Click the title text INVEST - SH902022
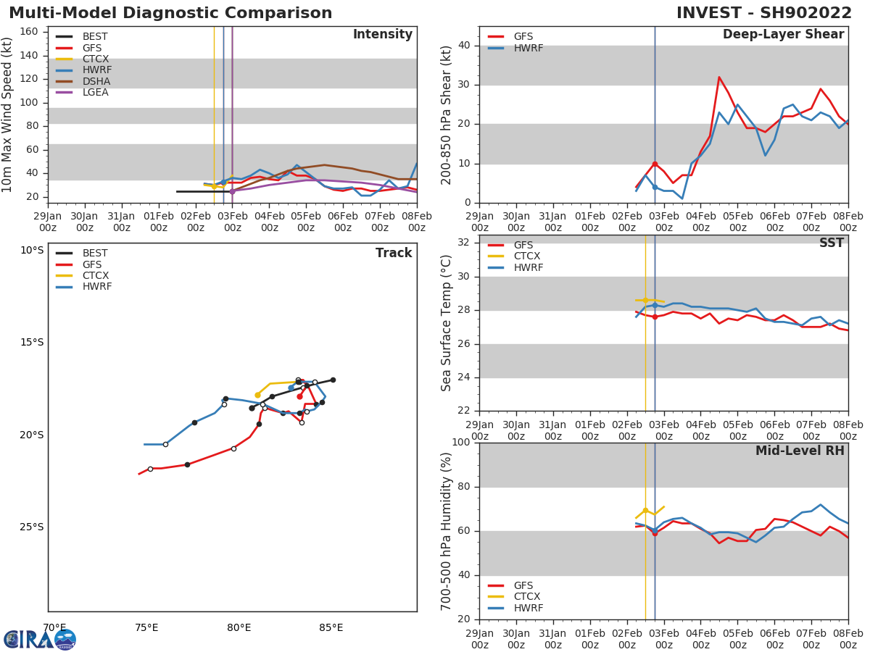click(x=764, y=13)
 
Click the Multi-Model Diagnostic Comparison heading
click(x=170, y=13)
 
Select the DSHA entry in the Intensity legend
click(x=96, y=81)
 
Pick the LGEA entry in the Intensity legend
click(x=95, y=92)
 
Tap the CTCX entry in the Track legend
click(x=95, y=275)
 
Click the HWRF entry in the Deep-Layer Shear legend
click(x=529, y=48)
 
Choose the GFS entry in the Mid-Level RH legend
click(x=523, y=585)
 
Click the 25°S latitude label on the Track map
click(x=31, y=527)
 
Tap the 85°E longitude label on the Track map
click(x=331, y=627)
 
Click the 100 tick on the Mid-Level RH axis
click(x=461, y=443)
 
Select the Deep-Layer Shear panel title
click(x=783, y=35)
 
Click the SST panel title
click(x=831, y=243)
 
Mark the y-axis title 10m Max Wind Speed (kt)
click(x=8, y=114)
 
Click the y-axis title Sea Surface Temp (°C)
click(x=447, y=322)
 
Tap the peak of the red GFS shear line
click(x=718, y=77)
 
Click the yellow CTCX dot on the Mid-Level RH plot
click(x=645, y=511)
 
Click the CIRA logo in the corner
click(x=39, y=639)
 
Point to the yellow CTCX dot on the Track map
click(x=257, y=395)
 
